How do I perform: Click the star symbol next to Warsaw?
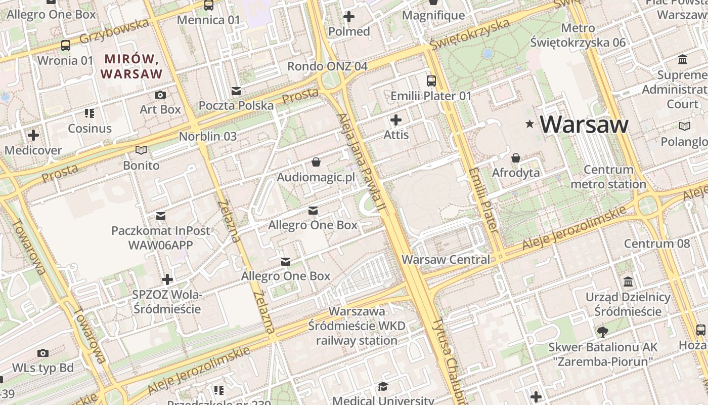pyautogui.click(x=530, y=124)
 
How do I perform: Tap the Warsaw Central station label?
pyautogui.click(x=446, y=260)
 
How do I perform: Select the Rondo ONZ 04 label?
pyautogui.click(x=327, y=66)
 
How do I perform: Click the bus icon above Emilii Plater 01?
pyautogui.click(x=431, y=80)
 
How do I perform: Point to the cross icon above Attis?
pyautogui.click(x=396, y=120)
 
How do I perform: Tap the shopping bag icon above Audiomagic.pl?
pyautogui.click(x=316, y=162)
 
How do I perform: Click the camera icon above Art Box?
pyautogui.click(x=160, y=95)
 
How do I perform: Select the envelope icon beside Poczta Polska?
pyautogui.click(x=236, y=91)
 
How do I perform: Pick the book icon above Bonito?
pyautogui.click(x=141, y=150)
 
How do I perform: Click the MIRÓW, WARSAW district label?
pyautogui.click(x=131, y=66)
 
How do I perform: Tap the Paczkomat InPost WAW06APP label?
pyautogui.click(x=161, y=238)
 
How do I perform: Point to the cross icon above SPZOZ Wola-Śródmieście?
pyautogui.click(x=167, y=279)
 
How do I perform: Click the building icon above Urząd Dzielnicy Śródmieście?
pyautogui.click(x=628, y=281)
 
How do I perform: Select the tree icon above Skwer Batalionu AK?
pyautogui.click(x=602, y=332)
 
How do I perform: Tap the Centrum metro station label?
pyautogui.click(x=608, y=177)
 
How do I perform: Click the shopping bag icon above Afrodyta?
pyautogui.click(x=516, y=158)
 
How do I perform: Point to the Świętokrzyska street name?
pyautogui.click(x=470, y=34)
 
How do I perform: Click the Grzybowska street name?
pyautogui.click(x=114, y=31)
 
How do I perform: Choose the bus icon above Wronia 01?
pyautogui.click(x=66, y=46)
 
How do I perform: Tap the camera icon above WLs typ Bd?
pyautogui.click(x=43, y=352)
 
